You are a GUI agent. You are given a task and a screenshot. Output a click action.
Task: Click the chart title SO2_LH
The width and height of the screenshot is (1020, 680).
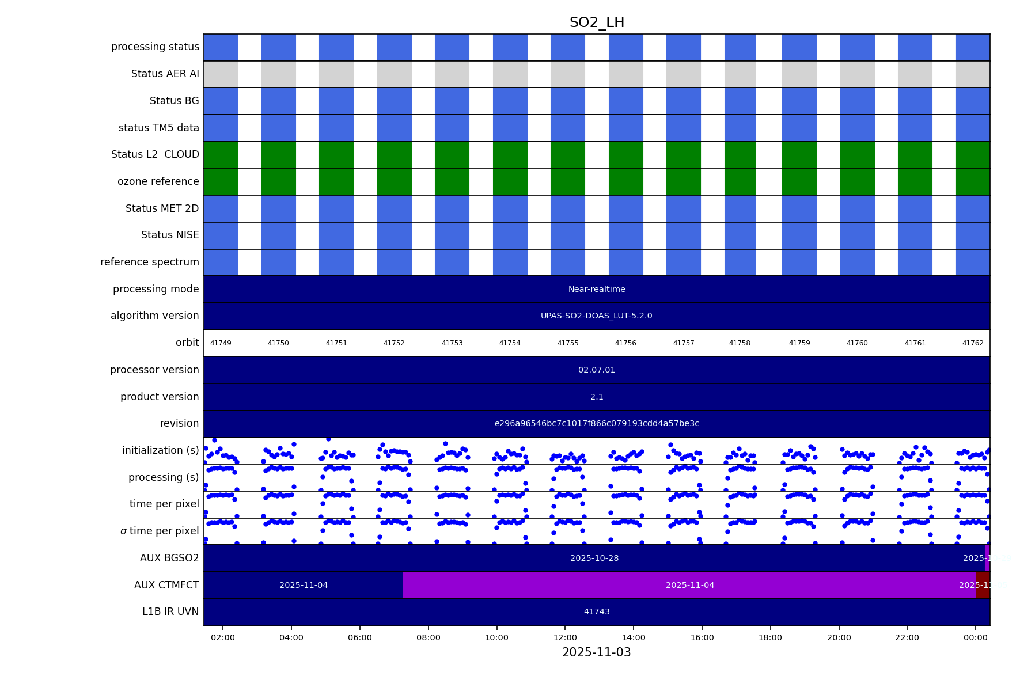597,23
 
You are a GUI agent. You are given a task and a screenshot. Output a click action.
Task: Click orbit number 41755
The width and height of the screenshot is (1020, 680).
567,343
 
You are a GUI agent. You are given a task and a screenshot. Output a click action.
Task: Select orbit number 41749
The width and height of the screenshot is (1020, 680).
221,343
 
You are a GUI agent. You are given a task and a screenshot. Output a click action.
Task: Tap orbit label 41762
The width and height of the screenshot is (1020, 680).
973,343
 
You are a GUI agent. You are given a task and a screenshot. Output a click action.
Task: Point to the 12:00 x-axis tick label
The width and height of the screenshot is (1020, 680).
565,638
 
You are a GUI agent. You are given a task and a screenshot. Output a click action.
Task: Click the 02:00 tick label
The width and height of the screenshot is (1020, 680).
223,638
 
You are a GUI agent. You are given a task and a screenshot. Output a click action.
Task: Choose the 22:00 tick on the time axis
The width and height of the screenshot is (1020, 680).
907,638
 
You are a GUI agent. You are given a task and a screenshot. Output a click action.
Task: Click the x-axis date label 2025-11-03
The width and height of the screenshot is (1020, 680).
596,652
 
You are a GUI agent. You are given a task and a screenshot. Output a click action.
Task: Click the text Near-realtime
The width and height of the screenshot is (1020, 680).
597,290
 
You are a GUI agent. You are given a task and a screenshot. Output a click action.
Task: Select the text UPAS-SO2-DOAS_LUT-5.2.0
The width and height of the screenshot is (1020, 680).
596,316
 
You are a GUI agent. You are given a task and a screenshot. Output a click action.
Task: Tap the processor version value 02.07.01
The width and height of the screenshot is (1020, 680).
597,370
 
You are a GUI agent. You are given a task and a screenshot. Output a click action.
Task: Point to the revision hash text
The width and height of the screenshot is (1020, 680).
597,424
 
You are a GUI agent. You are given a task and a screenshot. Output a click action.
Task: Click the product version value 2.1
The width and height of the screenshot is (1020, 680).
597,397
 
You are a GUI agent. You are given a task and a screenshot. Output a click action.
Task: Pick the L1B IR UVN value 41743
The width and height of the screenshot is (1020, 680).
597,612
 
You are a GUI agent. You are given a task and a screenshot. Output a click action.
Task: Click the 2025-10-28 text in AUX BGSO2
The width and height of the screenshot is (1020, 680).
594,559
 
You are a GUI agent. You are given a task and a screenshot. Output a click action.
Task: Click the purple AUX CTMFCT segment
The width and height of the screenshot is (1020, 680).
689,586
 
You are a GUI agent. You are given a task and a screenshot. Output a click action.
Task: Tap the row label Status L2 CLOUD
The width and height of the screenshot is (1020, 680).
155,155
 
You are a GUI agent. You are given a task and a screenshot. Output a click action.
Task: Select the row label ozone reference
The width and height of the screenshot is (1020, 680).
158,182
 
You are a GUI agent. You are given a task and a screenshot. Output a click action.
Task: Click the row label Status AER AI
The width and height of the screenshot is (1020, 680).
165,74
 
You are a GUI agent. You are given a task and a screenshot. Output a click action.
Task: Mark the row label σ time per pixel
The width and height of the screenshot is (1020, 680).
160,531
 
